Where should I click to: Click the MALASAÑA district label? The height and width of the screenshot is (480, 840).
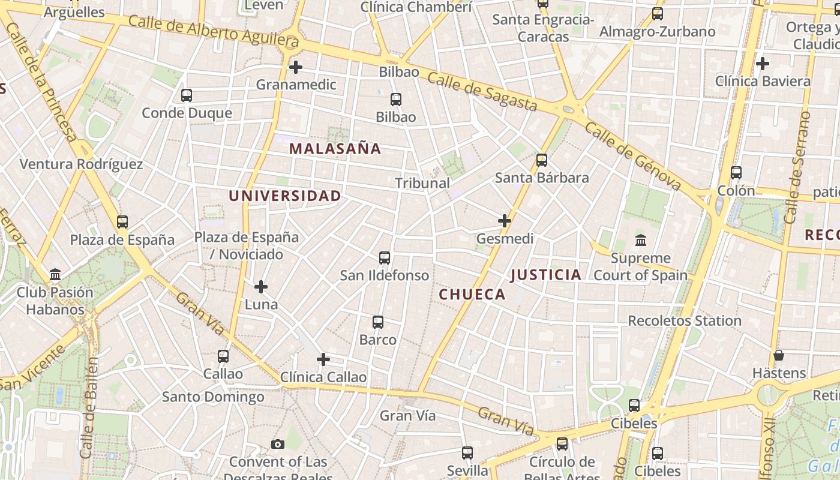tap(335, 149)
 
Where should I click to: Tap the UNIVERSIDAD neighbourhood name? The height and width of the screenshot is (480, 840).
tap(284, 196)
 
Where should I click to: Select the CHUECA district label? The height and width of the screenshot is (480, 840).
tap(472, 294)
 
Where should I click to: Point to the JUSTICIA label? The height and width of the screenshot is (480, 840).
tap(545, 275)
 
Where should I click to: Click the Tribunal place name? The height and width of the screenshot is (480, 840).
tap(422, 183)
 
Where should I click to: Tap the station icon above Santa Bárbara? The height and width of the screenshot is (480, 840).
tap(542, 160)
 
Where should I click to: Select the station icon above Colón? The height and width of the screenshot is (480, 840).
tap(736, 173)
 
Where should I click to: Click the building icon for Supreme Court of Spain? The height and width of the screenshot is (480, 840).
tap(640, 241)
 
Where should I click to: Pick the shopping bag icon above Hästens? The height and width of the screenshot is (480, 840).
tap(779, 355)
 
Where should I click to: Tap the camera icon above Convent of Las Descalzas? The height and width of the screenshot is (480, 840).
tap(277, 444)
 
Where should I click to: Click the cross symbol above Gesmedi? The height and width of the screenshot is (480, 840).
tap(505, 221)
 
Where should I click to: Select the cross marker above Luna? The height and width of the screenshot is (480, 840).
tap(261, 286)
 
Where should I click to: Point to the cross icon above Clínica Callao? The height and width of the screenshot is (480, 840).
tap(323, 359)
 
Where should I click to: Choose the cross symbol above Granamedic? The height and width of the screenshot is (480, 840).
tap(296, 67)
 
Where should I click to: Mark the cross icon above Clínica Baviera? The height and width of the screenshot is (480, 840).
tap(763, 63)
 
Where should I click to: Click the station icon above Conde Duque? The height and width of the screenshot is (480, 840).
tap(187, 95)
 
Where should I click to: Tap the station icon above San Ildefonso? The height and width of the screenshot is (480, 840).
tap(385, 258)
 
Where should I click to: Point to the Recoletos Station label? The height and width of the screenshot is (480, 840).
tap(685, 320)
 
